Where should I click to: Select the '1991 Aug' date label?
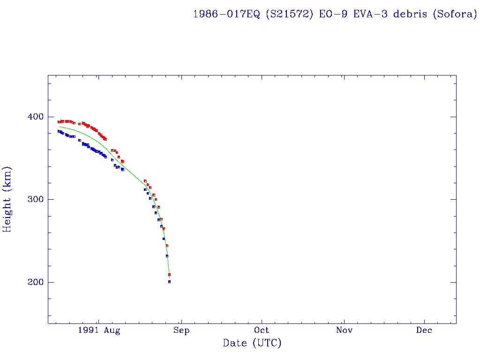(99, 330)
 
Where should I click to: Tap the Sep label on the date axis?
(181, 330)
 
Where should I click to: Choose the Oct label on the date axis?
(262, 330)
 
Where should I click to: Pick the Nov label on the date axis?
(344, 330)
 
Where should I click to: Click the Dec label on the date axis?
(425, 330)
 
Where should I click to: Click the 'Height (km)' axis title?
(8, 199)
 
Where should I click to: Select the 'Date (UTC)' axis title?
(252, 344)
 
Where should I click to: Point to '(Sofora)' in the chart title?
(454, 14)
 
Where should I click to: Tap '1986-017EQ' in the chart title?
(226, 14)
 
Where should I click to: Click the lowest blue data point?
(169, 282)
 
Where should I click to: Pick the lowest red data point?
(169, 275)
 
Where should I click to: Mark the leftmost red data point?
(59, 122)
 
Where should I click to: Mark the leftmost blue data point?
(59, 131)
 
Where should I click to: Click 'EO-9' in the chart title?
(335, 14)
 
